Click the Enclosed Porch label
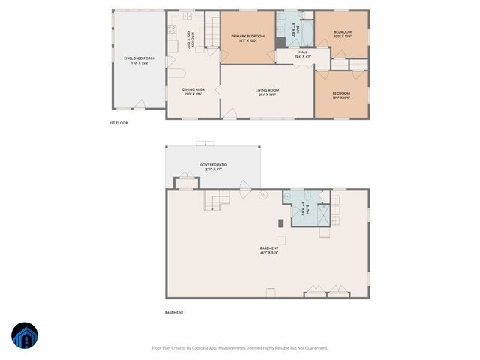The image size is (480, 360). [x=139, y=60]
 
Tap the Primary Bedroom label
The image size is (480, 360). [x=247, y=38]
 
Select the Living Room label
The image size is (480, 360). [x=268, y=91]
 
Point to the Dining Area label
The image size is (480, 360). [x=193, y=91]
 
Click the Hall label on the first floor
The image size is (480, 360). [x=301, y=55]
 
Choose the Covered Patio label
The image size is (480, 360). [x=213, y=166]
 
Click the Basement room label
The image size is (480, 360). [x=269, y=250]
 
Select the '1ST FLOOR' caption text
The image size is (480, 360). [x=118, y=123]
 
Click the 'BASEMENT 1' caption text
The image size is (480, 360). [x=175, y=312]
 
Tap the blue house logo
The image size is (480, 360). [x=25, y=336]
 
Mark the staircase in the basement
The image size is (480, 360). [x=216, y=200]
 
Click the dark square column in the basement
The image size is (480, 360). [x=280, y=223]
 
